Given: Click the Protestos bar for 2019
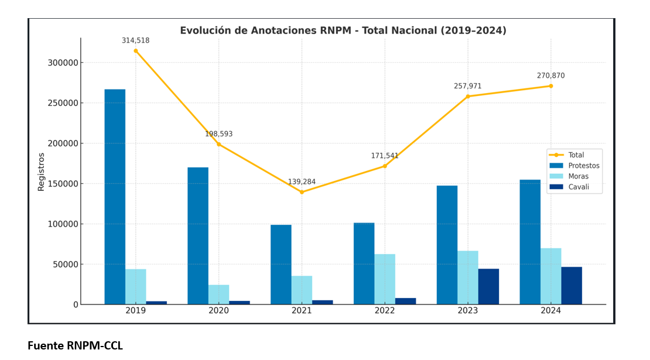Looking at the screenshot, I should (115, 197).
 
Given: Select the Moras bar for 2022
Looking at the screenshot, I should (385, 279).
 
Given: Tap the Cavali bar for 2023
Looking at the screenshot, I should (488, 286).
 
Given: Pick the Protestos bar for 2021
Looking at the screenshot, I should (281, 265).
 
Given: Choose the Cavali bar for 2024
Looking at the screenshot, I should (572, 286).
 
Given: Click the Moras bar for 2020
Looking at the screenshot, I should (218, 294).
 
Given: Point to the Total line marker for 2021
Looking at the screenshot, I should (302, 192).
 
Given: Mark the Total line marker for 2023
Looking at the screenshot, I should (468, 97).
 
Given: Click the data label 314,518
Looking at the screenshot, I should (135, 41).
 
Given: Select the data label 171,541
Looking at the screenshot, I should (385, 156).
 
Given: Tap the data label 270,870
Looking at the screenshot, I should (550, 76).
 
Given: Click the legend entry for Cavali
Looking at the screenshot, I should (579, 187).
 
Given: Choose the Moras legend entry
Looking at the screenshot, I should (579, 176).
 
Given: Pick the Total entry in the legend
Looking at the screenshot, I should (576, 155).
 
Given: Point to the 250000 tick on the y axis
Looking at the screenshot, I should (62, 103).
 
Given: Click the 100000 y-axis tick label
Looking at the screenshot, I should (62, 224).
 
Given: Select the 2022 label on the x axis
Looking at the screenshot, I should (385, 311).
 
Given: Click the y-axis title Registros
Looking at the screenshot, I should (41, 172).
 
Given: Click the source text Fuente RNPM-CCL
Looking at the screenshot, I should (75, 346).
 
